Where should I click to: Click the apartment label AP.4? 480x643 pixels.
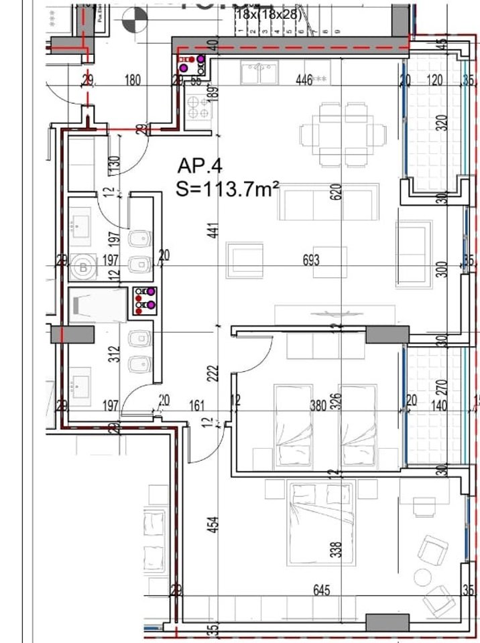[x=200, y=165]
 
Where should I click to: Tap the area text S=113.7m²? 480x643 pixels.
[x=227, y=190]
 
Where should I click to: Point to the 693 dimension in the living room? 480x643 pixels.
[x=310, y=260]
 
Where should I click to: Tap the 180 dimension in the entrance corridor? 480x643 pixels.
[x=133, y=81]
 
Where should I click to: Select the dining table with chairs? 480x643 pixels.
[x=345, y=134]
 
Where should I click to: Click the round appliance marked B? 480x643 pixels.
[x=84, y=267]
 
